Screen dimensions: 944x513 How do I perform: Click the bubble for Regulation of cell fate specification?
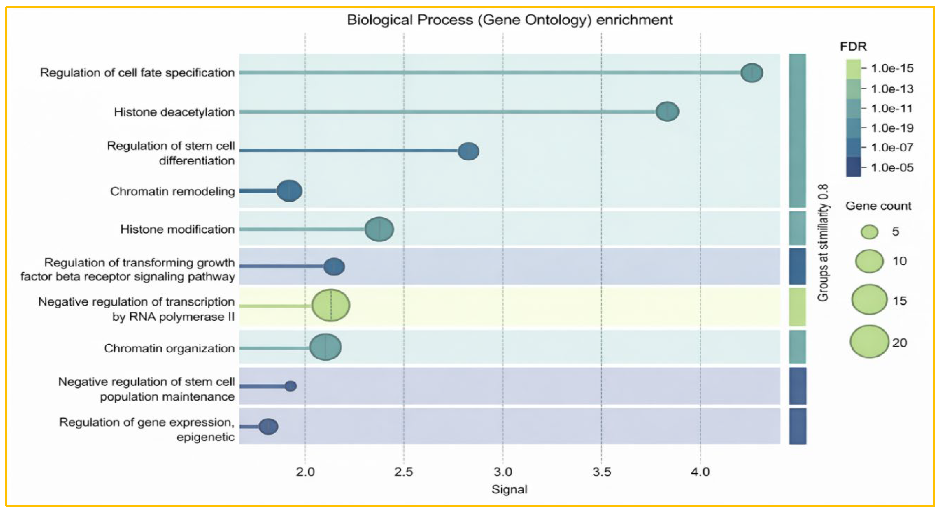coord(752,73)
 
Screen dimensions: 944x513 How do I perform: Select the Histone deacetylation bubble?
coord(667,111)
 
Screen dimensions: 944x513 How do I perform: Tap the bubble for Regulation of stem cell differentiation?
coord(468,151)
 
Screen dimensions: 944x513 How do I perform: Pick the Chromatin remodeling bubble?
coord(289,190)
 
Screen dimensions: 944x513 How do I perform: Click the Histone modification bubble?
coord(379,229)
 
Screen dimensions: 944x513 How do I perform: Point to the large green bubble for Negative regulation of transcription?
coord(331,305)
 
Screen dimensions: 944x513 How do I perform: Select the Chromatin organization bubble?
coord(325,347)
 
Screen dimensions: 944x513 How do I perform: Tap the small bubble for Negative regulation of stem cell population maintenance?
coord(291,386)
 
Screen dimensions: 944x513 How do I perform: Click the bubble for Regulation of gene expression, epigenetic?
coord(268,427)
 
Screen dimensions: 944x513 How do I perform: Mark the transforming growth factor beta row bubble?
coord(334,266)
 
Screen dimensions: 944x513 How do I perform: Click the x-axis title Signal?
coord(509,490)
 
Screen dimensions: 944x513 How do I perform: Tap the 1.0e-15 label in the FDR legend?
coord(892,68)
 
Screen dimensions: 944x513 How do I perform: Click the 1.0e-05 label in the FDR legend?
coord(892,168)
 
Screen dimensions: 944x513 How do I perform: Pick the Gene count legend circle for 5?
coord(870,232)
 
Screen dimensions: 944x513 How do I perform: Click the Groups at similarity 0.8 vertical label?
coord(823,242)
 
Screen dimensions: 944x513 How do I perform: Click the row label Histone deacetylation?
coord(174,112)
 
